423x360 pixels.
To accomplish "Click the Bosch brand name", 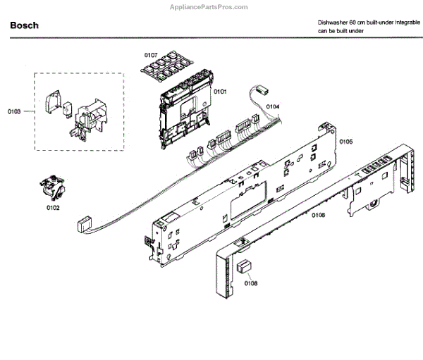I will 25,25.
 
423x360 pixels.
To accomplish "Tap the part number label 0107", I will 151,54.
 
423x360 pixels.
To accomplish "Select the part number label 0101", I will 221,92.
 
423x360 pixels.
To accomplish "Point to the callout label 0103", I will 14,111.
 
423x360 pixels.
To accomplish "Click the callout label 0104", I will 273,106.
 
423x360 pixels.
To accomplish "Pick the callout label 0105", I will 345,142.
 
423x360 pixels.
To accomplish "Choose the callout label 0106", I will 318,215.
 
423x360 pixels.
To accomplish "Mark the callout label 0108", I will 251,284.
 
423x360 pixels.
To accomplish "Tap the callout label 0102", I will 53,208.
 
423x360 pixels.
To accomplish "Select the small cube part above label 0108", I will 245,266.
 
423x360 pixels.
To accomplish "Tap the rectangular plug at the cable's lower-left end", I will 82,225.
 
